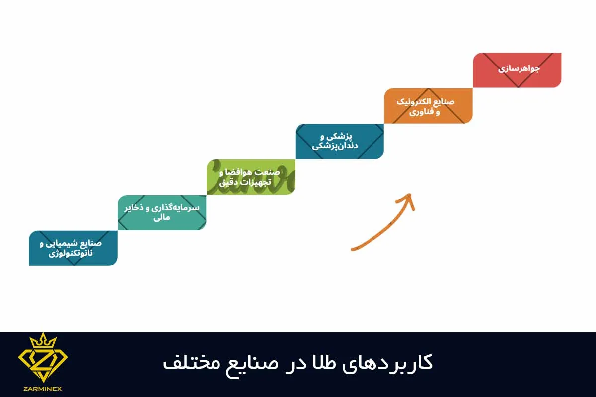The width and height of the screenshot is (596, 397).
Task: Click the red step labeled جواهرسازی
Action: pyautogui.click(x=517, y=70)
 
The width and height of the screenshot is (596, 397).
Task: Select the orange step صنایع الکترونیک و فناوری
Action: pyautogui.click(x=428, y=106)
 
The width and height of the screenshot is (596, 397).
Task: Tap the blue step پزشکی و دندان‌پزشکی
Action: pyautogui.click(x=339, y=141)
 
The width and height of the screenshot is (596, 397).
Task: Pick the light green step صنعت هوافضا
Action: pyautogui.click(x=251, y=177)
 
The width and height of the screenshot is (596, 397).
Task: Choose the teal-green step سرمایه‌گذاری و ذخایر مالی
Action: pyautogui.click(x=162, y=212)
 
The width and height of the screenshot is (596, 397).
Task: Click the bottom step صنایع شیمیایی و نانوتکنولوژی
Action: pyautogui.click(x=73, y=248)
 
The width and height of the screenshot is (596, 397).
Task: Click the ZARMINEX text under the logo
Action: pyautogui.click(x=43, y=389)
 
